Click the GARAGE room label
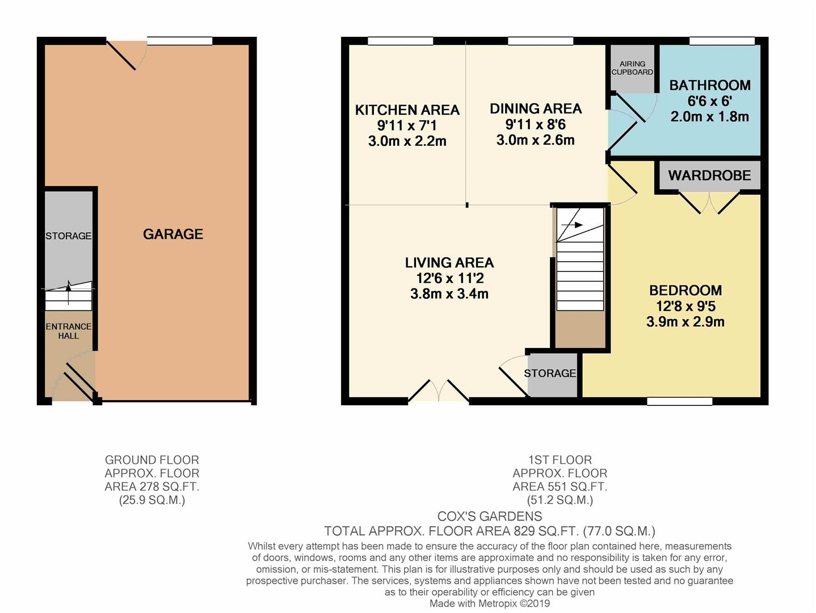click(x=173, y=234)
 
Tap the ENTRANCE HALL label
click(x=68, y=331)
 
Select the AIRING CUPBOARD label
click(x=632, y=68)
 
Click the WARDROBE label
click(x=709, y=175)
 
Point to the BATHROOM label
click(x=709, y=85)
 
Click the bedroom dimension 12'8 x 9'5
click(x=685, y=306)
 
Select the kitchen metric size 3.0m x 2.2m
click(x=407, y=141)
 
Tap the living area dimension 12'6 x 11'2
click(x=449, y=278)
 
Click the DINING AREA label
click(x=535, y=108)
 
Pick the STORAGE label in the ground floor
click(x=68, y=236)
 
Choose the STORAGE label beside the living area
click(x=549, y=373)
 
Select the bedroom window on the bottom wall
click(x=679, y=401)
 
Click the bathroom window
click(x=722, y=41)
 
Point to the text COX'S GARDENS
click(x=489, y=517)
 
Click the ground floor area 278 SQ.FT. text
click(x=152, y=486)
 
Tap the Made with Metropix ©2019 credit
click(x=489, y=603)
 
